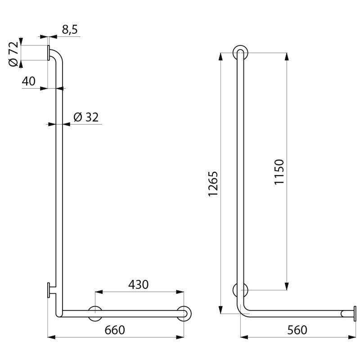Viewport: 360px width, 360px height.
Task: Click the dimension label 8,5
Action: point(69,30)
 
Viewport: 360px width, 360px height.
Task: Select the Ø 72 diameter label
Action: point(13,54)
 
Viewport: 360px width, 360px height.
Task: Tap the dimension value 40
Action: point(28,81)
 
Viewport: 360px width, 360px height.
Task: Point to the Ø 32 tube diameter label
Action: point(85,117)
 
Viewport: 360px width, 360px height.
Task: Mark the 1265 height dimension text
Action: point(213,183)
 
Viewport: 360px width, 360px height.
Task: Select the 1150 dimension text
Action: point(279,171)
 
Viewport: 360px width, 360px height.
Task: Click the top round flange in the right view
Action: point(240,53)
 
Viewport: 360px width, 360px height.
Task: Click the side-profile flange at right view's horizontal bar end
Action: point(355,313)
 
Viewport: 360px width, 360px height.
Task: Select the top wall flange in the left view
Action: point(48,53)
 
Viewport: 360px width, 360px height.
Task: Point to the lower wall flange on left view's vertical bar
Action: point(48,290)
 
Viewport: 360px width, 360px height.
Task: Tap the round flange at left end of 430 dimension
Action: point(95,313)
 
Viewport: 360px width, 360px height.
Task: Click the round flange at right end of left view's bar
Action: point(184,313)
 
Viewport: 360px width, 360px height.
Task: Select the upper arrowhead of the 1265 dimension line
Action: point(220,56)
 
